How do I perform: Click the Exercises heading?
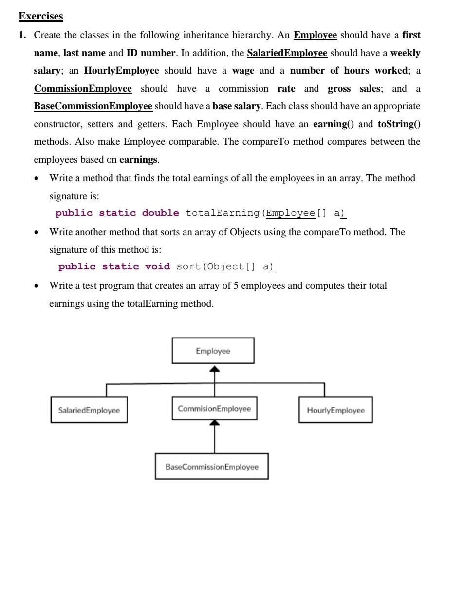(40, 16)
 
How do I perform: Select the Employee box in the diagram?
(213, 351)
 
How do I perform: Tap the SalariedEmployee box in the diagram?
(89, 410)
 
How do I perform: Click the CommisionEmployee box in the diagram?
(214, 409)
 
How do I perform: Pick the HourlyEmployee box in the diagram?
(335, 410)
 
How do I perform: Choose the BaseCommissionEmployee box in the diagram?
(211, 467)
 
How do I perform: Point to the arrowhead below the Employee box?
(214, 369)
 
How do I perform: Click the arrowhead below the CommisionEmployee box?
(214, 423)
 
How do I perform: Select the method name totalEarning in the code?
(223, 213)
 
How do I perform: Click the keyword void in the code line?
(157, 267)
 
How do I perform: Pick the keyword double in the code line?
(160, 213)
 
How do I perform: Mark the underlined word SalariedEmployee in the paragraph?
(287, 53)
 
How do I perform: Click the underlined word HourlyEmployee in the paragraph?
(121, 71)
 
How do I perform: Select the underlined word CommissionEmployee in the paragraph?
(82, 89)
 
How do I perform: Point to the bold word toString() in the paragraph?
(399, 124)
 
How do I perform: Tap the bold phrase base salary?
(236, 106)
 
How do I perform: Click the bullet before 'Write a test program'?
(37, 286)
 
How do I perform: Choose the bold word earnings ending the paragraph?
(138, 160)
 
